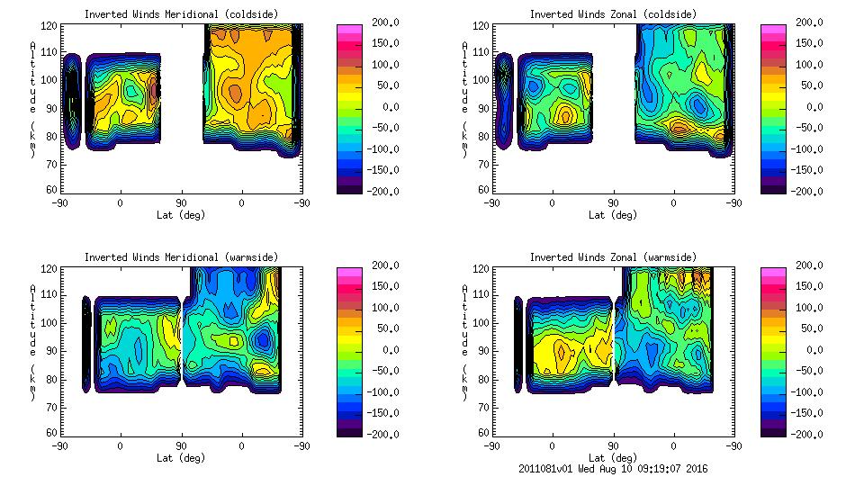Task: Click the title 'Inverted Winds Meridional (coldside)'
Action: (181, 14)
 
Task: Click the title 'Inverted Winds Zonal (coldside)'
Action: (613, 14)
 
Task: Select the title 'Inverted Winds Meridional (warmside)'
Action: (181, 257)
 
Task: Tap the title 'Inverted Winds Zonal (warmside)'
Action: (613, 257)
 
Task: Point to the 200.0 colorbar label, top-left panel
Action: (388, 22)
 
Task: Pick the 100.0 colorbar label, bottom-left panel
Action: (388, 308)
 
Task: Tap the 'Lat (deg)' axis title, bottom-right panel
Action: (613, 458)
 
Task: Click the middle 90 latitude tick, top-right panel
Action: (613, 203)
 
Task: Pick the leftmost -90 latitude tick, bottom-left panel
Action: (60, 446)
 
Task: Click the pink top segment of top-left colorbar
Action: (349, 29)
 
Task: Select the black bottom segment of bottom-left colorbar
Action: (349, 431)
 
